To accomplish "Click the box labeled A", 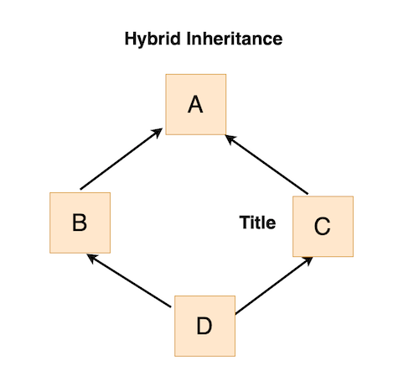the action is (196, 104).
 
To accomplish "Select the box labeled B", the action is (80, 223).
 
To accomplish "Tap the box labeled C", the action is (323, 227).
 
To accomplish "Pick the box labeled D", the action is (204, 326).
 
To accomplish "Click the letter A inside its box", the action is (195, 104).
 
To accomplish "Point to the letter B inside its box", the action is (80, 223).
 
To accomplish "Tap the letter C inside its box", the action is (322, 226).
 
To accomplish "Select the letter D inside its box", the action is (204, 326).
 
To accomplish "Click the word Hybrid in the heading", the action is (153, 39).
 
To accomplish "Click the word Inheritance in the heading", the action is (235, 39).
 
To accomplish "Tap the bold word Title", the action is (257, 223).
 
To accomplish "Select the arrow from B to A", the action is (122, 159).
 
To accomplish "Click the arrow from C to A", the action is (266, 165).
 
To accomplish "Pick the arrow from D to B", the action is (129, 280).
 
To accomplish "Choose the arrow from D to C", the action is (274, 285).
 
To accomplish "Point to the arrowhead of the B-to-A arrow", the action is (158, 132).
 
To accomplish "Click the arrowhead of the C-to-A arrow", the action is (230, 139).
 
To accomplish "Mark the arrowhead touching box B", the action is (91, 257).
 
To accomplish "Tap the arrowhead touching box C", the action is (308, 260).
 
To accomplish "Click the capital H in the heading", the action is (131, 39).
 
